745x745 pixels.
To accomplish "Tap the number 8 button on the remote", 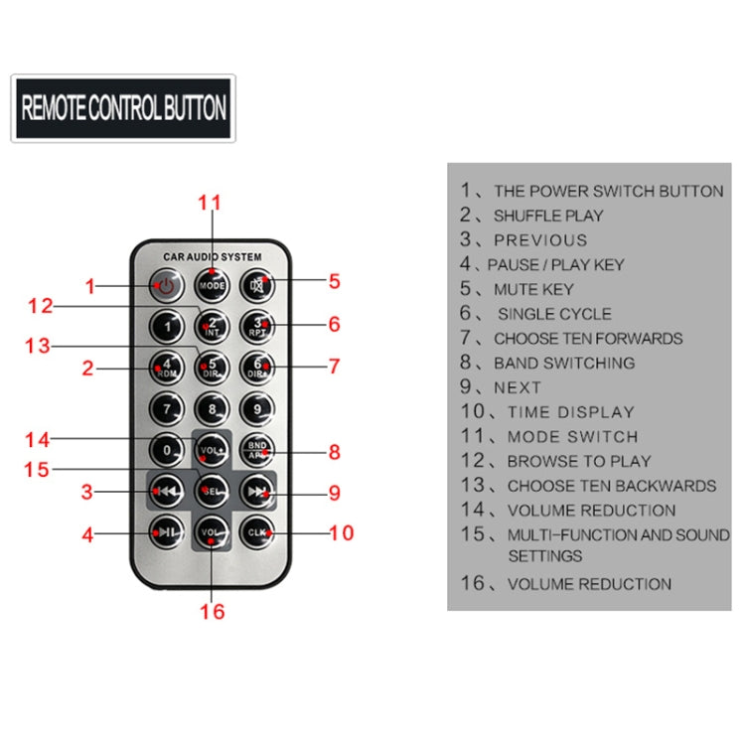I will click(212, 407).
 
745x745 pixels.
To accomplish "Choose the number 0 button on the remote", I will click(166, 450).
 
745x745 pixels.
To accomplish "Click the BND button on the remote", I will click(257, 450).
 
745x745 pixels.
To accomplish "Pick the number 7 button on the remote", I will click(166, 407).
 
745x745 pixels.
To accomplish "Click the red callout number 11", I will click(210, 204).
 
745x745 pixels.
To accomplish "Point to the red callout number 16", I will click(212, 611).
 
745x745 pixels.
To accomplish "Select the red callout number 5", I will click(335, 282).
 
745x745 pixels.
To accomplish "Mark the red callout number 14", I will click(38, 439).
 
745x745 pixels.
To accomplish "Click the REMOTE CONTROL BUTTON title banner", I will click(123, 107).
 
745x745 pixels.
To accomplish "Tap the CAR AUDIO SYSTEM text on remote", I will click(212, 257).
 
